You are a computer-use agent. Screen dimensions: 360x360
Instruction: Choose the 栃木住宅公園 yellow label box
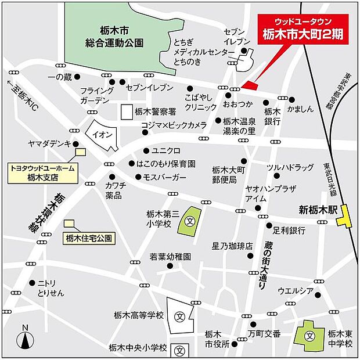point(89,237)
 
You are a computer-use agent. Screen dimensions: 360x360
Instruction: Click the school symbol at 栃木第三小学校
point(190,221)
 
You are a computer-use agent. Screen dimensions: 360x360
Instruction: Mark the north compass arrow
point(25,339)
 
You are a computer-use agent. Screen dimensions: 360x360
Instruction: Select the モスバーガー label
point(165,177)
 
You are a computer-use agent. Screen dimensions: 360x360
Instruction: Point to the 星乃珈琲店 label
point(232,246)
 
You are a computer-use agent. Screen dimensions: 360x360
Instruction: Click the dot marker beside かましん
point(291,99)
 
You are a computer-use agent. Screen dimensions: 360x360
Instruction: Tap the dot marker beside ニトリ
point(31,283)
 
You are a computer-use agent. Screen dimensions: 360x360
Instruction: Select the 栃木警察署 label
point(151,113)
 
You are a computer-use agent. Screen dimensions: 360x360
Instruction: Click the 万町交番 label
point(265,333)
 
